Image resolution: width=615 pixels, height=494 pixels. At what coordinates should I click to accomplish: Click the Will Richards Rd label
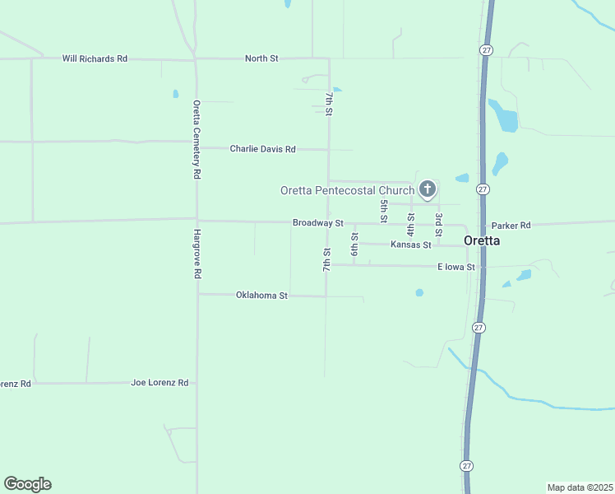pos(95,58)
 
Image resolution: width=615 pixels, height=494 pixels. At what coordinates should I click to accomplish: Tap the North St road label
pos(261,58)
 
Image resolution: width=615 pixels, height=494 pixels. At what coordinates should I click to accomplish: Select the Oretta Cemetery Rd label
pos(197,140)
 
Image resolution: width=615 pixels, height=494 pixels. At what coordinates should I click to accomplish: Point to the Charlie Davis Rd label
pos(262,149)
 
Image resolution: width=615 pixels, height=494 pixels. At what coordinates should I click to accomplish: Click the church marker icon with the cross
pos(427,190)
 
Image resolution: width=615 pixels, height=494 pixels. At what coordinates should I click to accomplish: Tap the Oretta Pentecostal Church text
pos(347,190)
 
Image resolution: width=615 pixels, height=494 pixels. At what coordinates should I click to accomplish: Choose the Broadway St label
pos(317,223)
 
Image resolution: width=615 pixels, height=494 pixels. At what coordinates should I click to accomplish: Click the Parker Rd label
pos(511,225)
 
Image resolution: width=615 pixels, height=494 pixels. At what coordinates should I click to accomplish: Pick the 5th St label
pos(383,211)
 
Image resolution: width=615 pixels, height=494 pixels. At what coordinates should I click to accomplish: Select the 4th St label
pos(410,223)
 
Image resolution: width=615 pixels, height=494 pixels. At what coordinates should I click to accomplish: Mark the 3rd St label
pos(439,223)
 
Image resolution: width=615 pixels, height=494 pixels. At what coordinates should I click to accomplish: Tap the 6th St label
pos(354,244)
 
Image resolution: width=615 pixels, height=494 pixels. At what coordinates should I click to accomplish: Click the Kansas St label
pos(411,245)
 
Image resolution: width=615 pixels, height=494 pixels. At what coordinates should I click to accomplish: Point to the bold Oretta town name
pos(483,241)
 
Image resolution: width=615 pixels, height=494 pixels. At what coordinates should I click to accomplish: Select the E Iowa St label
pos(456,267)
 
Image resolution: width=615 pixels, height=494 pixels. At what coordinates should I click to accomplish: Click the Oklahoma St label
pos(261,295)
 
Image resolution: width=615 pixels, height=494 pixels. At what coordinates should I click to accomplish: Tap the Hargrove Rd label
pos(197,254)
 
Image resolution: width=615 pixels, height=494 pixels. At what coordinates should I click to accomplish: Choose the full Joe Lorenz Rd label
pos(160,383)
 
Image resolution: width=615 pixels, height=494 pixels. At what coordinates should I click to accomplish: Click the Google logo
pos(27,484)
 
